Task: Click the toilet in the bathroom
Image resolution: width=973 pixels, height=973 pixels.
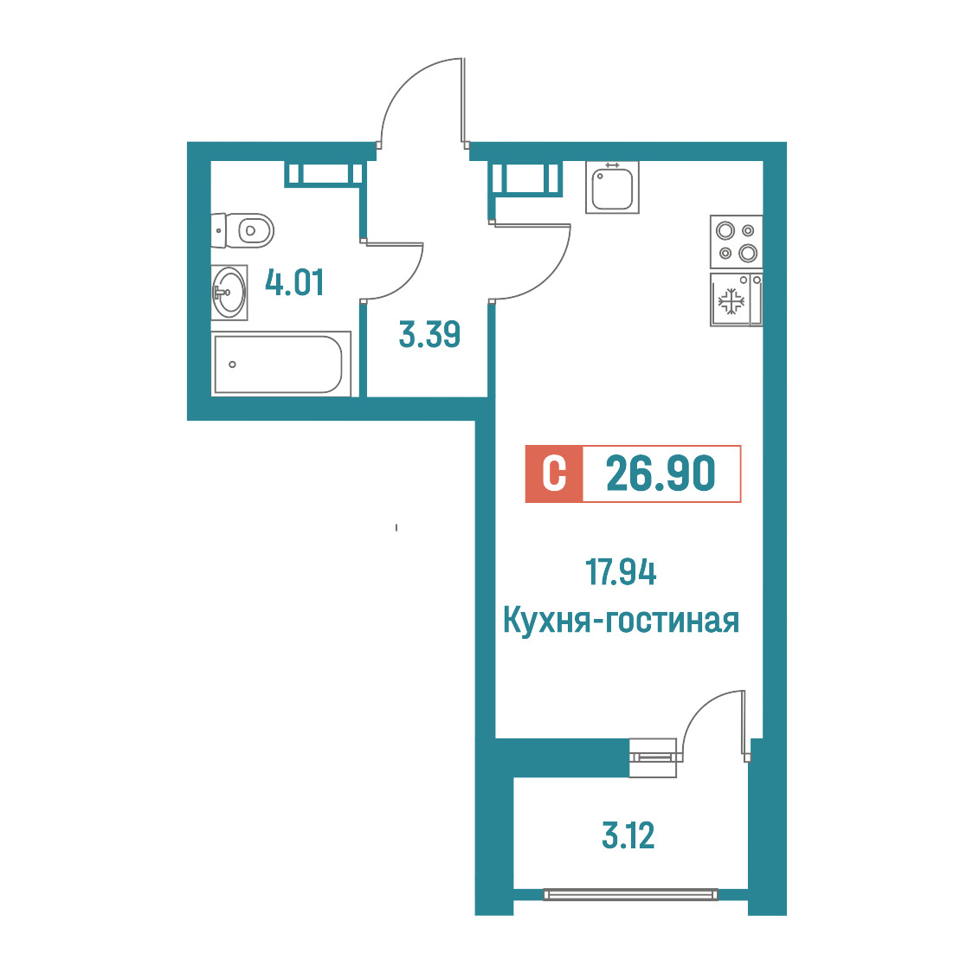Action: click(x=242, y=231)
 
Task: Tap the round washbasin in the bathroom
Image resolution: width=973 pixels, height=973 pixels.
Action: click(x=229, y=293)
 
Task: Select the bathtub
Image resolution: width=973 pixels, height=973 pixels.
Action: click(x=281, y=364)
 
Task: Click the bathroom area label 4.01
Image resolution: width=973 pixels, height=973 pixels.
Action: click(x=294, y=282)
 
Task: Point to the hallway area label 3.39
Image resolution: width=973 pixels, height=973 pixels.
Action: click(x=429, y=334)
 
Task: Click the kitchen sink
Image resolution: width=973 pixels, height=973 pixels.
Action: click(x=612, y=187)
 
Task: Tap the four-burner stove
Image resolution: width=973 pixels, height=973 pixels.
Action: click(x=737, y=242)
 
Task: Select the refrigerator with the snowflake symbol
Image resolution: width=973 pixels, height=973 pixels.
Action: click(x=737, y=300)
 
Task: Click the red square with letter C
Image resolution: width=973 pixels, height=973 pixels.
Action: click(x=554, y=474)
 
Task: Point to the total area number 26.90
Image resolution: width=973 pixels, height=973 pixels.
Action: click(x=660, y=474)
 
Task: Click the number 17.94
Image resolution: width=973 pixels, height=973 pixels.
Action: click(x=621, y=572)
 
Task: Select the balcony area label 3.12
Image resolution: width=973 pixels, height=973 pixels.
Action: click(x=628, y=835)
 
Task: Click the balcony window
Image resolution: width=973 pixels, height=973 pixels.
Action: click(x=630, y=894)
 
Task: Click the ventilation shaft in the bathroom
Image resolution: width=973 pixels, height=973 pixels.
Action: click(x=323, y=174)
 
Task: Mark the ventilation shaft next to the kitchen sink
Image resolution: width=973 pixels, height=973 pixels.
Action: click(x=527, y=178)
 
